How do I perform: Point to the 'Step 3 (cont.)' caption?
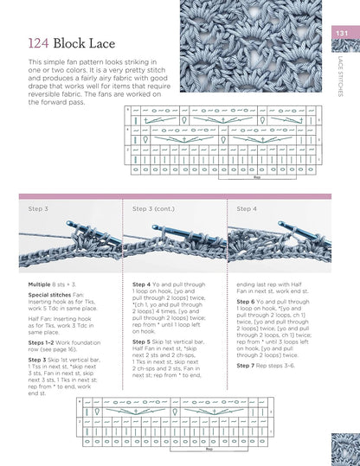(x=153, y=208)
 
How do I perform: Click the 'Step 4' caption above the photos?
(x=247, y=208)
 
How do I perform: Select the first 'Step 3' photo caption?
(x=38, y=208)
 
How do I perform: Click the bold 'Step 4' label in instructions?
(x=144, y=284)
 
